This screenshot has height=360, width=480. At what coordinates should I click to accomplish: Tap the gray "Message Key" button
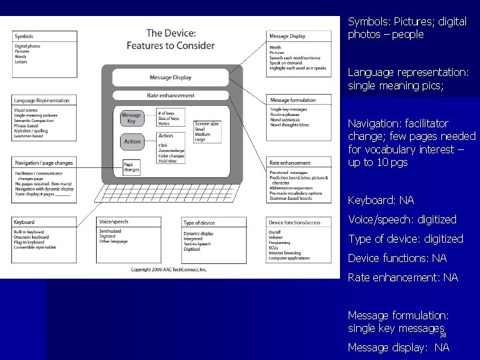click(x=131, y=119)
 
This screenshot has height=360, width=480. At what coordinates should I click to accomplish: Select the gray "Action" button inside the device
click(x=132, y=141)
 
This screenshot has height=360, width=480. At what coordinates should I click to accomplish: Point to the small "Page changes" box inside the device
click(x=133, y=167)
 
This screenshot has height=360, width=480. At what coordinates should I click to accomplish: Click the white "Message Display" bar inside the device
click(x=170, y=78)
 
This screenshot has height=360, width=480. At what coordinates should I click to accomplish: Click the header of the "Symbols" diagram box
click(x=45, y=36)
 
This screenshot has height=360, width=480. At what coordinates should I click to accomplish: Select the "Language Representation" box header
click(x=45, y=100)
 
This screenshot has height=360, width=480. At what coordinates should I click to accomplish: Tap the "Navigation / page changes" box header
click(x=45, y=163)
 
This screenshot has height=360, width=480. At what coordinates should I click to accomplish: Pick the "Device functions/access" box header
click(x=303, y=222)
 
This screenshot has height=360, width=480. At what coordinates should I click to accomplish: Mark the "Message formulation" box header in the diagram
click(x=303, y=100)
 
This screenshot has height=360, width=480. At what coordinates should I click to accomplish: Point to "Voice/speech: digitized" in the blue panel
click(x=402, y=219)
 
